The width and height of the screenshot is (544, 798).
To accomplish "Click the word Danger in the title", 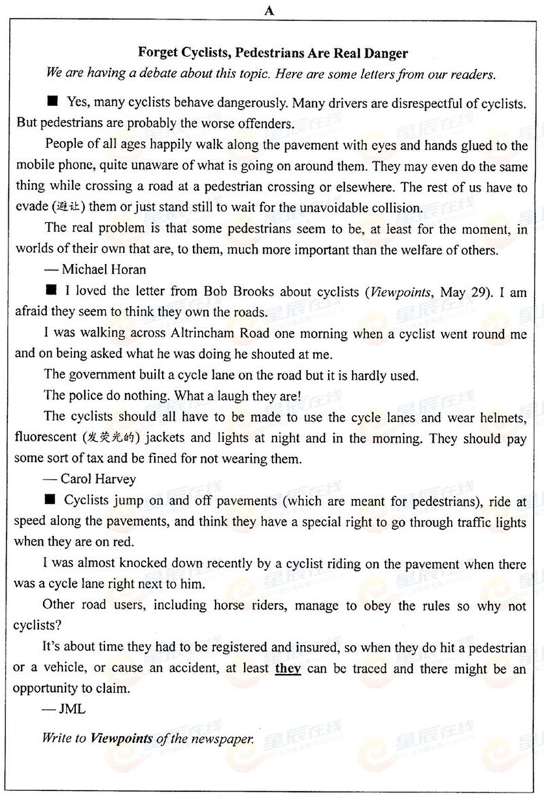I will [385, 52].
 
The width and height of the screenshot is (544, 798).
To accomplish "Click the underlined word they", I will [288, 668].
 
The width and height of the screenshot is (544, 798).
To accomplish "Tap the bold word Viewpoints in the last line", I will [122, 738].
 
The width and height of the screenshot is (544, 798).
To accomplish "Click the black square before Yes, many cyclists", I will [52, 102].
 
